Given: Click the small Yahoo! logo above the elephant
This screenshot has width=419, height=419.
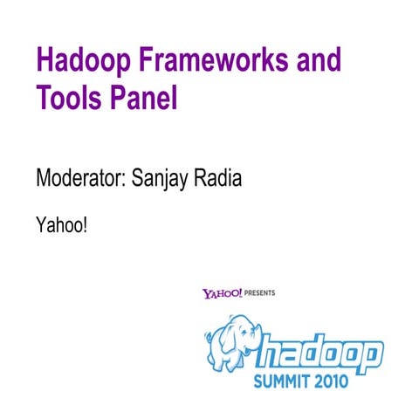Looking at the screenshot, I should (222, 294).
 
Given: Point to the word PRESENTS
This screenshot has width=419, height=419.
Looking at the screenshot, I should (260, 294).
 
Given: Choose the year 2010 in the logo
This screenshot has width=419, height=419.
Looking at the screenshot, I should (333, 381).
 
